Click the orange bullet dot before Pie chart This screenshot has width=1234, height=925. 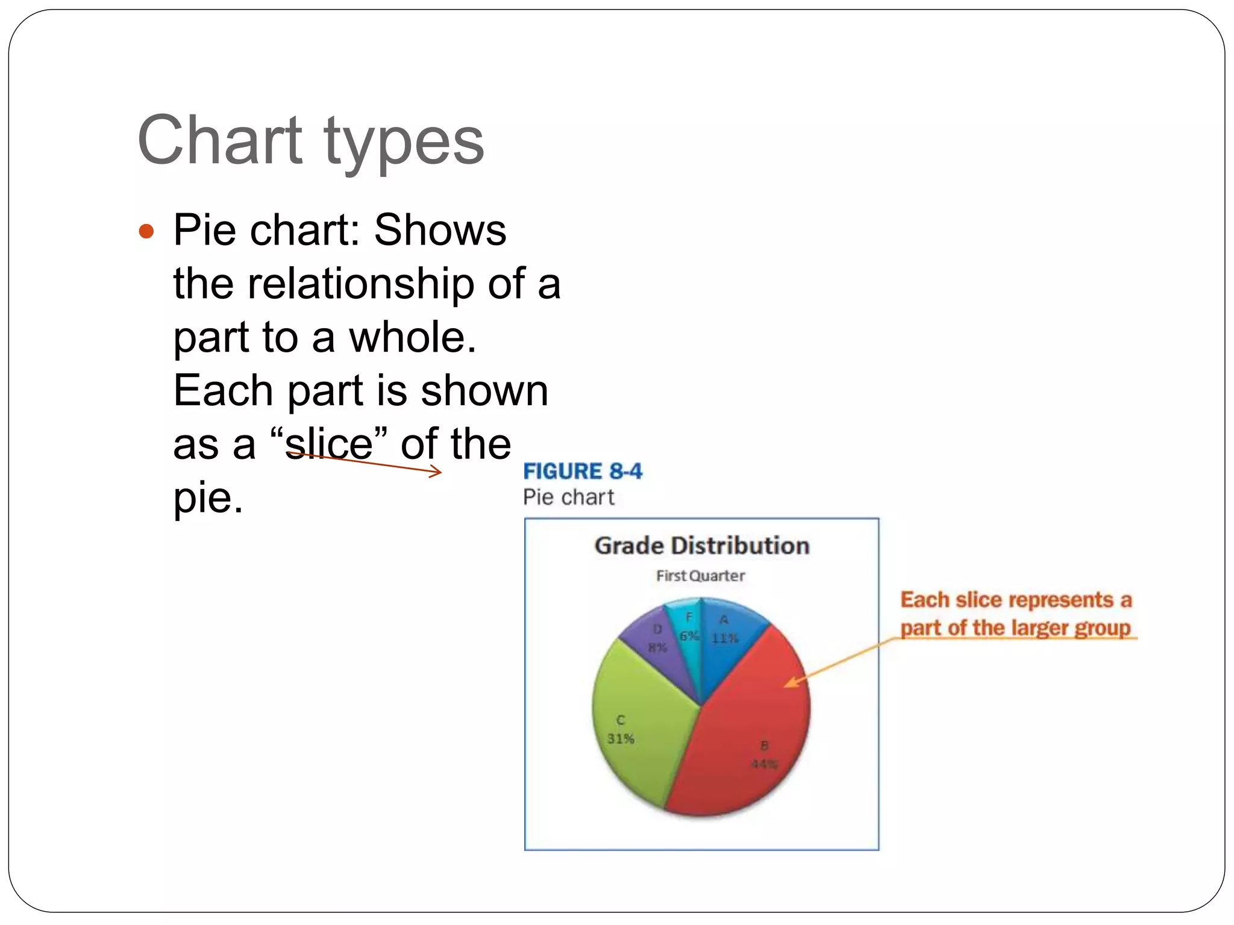coord(146,231)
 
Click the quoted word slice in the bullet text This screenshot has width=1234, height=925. coord(329,444)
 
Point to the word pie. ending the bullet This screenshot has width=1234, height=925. coord(208,498)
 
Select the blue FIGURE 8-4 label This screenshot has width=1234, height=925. coord(582,471)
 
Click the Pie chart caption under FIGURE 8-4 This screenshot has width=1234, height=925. coord(568,497)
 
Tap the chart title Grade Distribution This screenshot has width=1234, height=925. coord(701,546)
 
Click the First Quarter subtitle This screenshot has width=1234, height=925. coord(700,576)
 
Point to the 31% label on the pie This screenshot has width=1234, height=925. coord(621,739)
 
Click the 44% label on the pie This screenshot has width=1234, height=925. coord(764,764)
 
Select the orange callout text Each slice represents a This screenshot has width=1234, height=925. coord(1016,600)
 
